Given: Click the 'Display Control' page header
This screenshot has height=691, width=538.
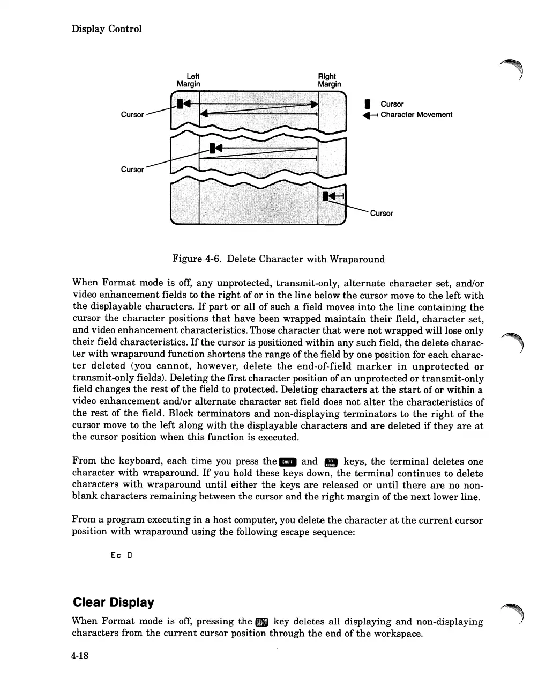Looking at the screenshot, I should (107, 29).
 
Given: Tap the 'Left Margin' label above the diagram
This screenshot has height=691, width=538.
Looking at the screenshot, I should (189, 80).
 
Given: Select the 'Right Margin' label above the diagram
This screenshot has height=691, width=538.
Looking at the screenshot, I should (329, 80).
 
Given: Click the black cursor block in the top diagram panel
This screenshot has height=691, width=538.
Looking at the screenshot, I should (181, 102).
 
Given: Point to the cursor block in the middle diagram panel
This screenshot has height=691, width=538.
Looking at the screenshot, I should (213, 148).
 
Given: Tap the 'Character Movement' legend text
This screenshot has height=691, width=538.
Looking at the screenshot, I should (416, 115).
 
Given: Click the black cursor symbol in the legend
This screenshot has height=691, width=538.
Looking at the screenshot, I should (367, 104).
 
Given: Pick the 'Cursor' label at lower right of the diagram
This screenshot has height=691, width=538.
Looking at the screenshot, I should (381, 214).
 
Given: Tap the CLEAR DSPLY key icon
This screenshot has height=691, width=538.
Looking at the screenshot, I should (262, 622).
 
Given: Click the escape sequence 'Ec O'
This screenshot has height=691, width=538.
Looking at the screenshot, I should (122, 555).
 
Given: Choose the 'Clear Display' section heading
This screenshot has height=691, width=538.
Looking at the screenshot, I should (113, 602).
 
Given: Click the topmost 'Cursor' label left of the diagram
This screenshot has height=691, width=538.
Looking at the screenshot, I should (132, 115).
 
